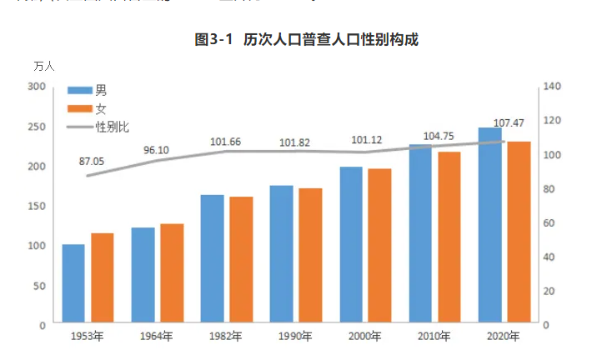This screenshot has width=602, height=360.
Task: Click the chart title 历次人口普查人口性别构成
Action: point(305,40)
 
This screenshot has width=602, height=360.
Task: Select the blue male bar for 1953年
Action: point(73,283)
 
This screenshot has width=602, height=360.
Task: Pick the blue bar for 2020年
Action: point(489,225)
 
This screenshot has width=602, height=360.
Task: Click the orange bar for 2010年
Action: point(449,237)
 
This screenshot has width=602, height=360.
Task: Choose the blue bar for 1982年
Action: point(213,258)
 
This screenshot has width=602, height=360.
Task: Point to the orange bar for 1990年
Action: point(311,256)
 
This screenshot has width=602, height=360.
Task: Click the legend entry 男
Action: point(101,90)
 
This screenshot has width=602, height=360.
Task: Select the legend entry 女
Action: point(101,108)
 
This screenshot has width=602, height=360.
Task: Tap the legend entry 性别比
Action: point(112,127)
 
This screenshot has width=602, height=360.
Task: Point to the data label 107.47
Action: point(509,123)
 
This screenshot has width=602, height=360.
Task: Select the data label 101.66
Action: point(225,142)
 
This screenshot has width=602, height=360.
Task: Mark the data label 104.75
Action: point(438,136)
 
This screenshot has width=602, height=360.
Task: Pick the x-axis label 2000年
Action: point(364,337)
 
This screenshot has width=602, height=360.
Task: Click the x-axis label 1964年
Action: point(157,337)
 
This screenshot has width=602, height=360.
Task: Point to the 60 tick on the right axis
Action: point(550,222)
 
